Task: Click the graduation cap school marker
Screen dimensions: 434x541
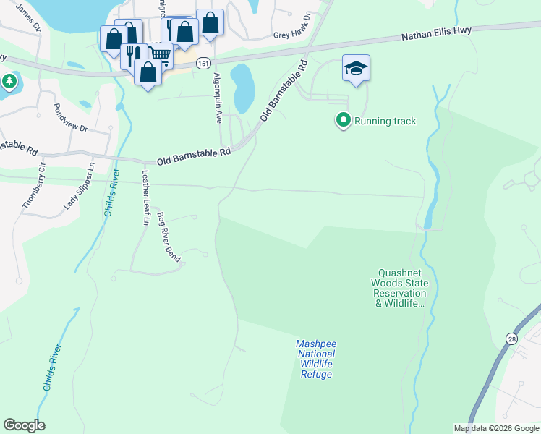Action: click(356, 69)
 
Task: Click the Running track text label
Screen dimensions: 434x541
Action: click(385, 121)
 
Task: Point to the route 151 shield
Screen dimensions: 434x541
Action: click(205, 64)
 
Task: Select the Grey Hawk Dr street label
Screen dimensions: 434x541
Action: click(291, 35)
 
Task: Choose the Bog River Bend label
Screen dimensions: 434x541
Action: click(169, 237)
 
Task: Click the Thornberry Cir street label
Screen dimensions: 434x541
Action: click(33, 185)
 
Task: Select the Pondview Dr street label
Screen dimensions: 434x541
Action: click(70, 117)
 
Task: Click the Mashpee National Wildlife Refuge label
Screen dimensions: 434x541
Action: click(317, 359)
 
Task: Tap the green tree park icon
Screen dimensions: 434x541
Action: click(9, 81)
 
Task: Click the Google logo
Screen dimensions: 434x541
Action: click(24, 425)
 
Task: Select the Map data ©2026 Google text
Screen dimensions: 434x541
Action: click(496, 428)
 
